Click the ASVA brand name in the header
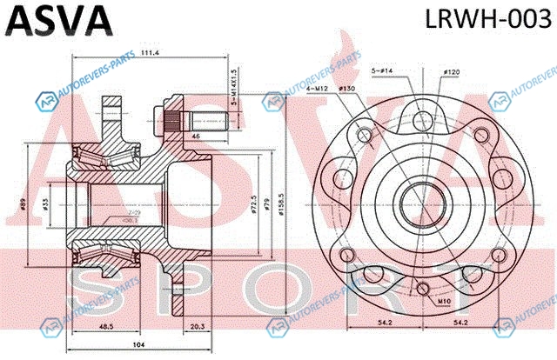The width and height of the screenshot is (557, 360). click(58, 18)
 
